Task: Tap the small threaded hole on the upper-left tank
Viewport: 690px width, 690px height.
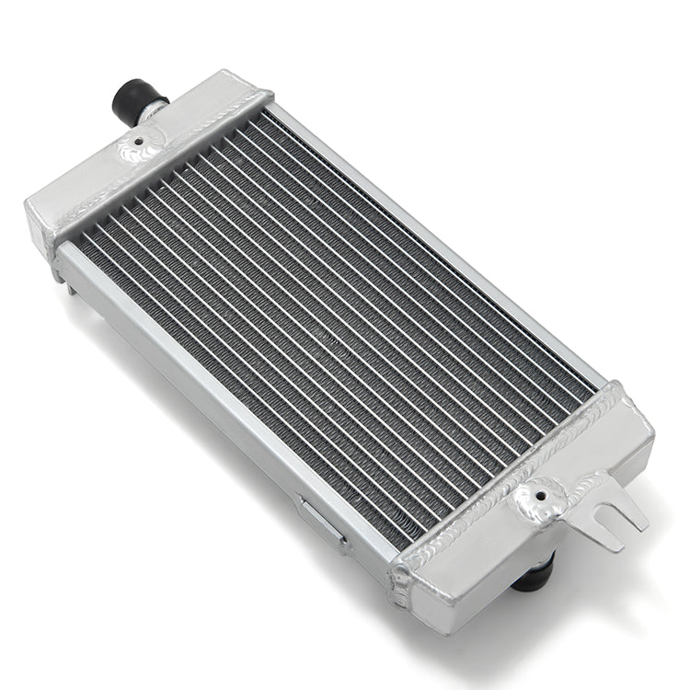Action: pyautogui.click(x=137, y=144)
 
